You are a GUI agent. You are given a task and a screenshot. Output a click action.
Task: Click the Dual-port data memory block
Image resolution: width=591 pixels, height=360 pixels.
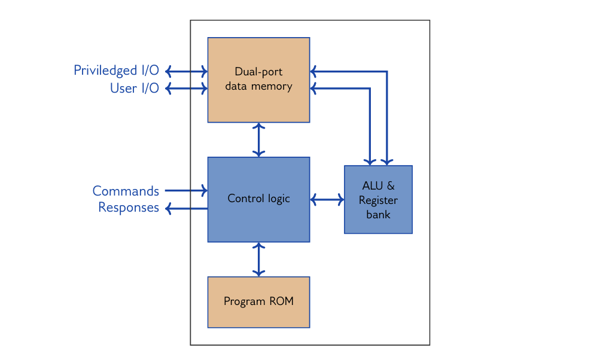pos(258,80)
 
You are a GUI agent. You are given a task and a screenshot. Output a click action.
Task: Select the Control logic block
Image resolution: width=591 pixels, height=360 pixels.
pos(258,199)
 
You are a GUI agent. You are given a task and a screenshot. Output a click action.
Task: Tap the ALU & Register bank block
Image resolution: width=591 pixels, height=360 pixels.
pos(378,199)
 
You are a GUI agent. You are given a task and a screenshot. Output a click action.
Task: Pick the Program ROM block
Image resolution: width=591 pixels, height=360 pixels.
pos(258,301)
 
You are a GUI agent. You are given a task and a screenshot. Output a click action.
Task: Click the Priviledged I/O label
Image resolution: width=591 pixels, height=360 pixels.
pos(116,71)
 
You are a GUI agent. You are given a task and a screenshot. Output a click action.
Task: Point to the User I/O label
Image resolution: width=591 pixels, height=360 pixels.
pos(134,89)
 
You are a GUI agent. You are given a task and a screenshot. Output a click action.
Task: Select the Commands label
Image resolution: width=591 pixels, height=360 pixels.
pos(126,191)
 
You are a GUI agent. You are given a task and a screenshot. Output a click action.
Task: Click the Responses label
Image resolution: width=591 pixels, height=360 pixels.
pos(129,208)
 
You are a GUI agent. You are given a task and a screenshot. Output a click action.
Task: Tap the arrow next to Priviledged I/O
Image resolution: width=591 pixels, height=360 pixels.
pos(186,71)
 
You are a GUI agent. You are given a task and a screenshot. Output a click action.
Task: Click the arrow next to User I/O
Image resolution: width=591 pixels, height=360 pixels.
pos(186,89)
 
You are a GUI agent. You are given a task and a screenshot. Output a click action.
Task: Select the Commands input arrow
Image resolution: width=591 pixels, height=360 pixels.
pos(186,191)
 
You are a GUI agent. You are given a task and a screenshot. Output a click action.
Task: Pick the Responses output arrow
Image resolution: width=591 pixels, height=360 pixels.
pos(186,208)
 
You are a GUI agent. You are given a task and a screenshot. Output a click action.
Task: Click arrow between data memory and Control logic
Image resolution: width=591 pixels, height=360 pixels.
pos(258,140)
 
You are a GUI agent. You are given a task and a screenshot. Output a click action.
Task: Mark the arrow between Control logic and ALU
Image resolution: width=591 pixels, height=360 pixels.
pos(327,199)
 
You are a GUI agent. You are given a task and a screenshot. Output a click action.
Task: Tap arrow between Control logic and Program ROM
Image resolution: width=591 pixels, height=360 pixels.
pos(258,259)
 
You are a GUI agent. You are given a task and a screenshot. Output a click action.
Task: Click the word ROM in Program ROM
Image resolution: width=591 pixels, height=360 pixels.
pos(281,301)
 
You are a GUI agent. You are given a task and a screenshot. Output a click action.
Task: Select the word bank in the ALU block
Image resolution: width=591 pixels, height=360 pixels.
pos(378,214)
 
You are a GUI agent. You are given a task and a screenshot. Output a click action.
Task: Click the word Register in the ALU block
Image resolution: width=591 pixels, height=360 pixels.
pos(378,200)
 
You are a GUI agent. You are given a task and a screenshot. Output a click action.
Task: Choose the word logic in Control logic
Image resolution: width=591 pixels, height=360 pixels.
pos(278,199)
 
